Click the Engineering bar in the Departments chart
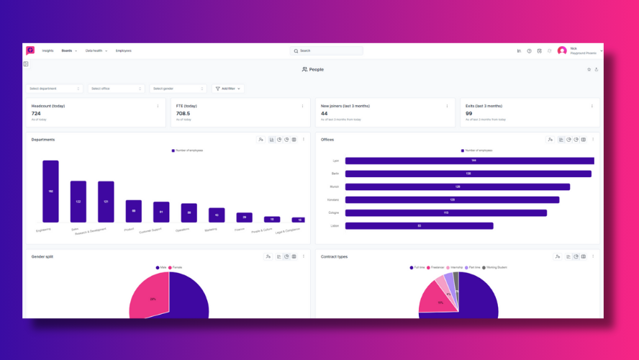[x=50, y=191]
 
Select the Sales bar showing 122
[x=78, y=202]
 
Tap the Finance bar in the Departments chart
[x=245, y=217]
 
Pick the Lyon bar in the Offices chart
[x=469, y=161]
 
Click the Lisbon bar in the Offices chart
[x=419, y=225]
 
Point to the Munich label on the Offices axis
[x=335, y=186]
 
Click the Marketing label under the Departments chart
[x=211, y=230]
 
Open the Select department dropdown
[x=55, y=89]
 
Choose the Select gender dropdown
[x=178, y=89]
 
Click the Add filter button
[x=228, y=89]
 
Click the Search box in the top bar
[x=327, y=51]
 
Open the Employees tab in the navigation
[x=123, y=51]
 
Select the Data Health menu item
[x=96, y=51]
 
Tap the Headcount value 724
[x=36, y=114]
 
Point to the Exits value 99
[x=468, y=114]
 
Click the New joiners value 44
[x=324, y=114]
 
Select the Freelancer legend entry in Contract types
[x=436, y=267]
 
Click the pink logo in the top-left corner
[x=30, y=50]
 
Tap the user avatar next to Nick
[x=562, y=51]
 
